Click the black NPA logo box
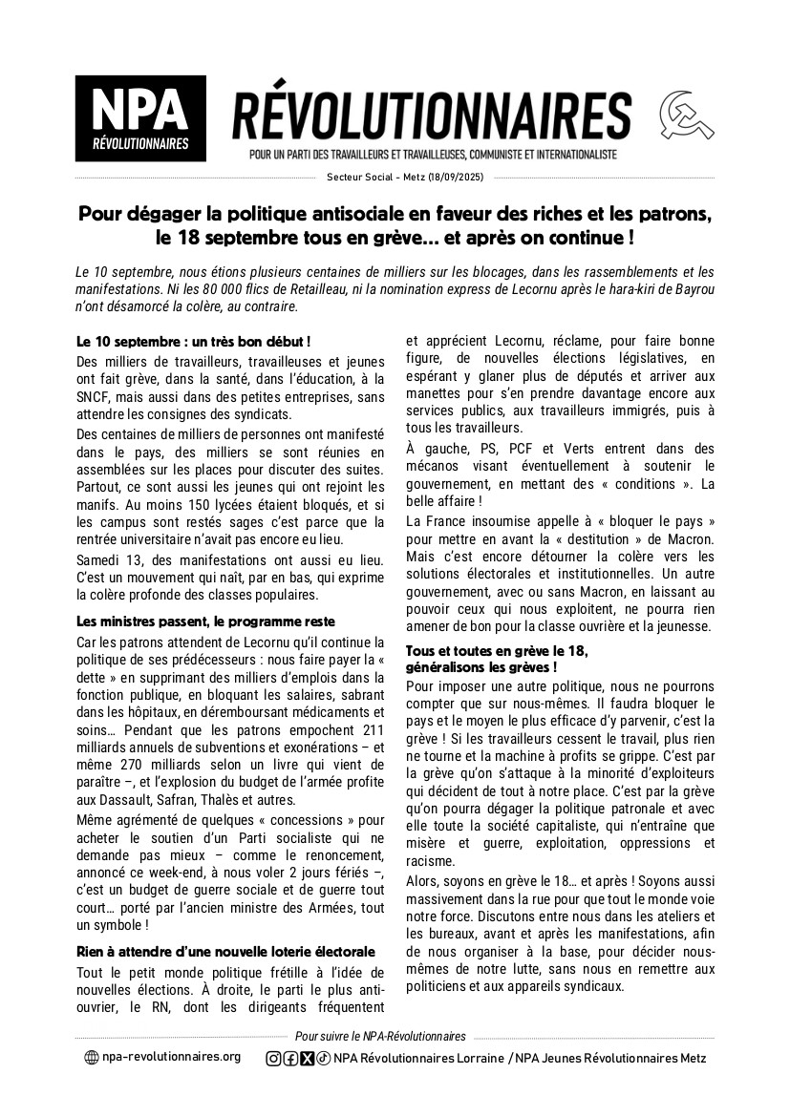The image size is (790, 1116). click(x=139, y=118)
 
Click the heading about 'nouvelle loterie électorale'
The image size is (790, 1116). click(x=225, y=951)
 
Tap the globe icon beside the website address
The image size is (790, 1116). click(x=91, y=1058)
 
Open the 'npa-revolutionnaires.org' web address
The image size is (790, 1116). click(x=171, y=1058)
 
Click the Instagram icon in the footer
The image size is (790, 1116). click(x=273, y=1058)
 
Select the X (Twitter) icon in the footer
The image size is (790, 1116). click(x=307, y=1058)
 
